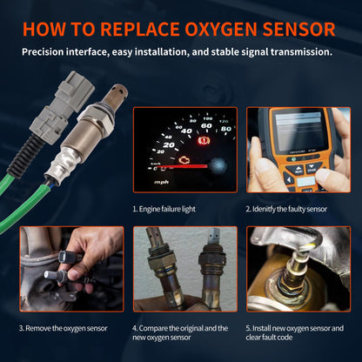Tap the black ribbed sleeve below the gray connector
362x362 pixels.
click(x=21, y=158)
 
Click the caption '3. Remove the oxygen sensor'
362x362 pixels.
click(x=63, y=328)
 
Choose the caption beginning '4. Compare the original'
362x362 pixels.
click(x=180, y=328)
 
